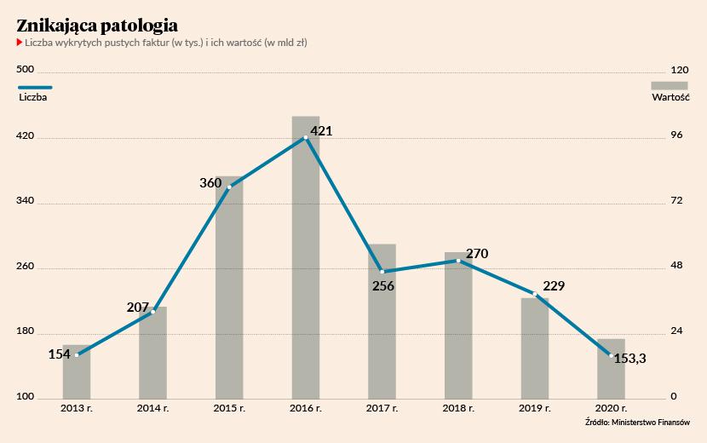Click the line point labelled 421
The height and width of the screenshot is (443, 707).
(305, 137)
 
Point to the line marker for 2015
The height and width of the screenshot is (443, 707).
(229, 187)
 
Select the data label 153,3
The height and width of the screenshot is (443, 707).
(629, 359)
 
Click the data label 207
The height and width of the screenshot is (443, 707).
(138, 307)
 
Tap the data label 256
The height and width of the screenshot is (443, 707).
(383, 286)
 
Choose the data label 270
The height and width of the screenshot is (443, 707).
(477, 254)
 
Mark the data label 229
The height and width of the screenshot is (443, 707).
(554, 285)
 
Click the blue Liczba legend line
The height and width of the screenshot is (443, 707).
(35, 86)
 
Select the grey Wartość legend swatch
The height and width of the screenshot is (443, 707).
(670, 85)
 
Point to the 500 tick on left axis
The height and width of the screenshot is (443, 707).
(26, 71)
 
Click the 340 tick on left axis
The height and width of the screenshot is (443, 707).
(26, 202)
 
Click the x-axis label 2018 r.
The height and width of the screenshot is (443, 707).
(458, 409)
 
